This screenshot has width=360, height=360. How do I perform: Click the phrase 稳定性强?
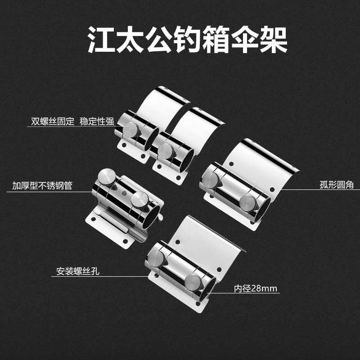pyautogui.click(x=97, y=121)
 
